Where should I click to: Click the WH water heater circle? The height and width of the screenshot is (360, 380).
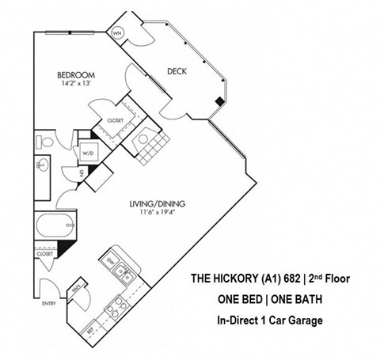point(117,32)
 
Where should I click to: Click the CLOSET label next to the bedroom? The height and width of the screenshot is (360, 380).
point(104,121)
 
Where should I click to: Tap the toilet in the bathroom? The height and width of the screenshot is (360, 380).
point(46,142)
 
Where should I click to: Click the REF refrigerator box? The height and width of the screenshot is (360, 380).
point(92,326)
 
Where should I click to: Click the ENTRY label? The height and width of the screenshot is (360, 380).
point(39,304)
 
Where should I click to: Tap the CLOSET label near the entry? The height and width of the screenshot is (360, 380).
point(44,254)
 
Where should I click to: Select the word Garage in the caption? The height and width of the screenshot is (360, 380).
point(304,320)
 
